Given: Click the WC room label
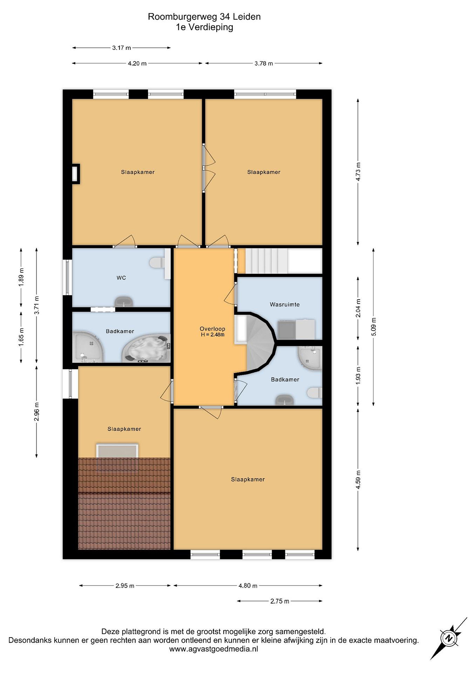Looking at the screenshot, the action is pos(121,278).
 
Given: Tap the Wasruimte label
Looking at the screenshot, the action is pos(285,304).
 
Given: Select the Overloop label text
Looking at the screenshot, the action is pos(212,329).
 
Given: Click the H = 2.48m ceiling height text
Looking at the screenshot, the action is pos(212,334).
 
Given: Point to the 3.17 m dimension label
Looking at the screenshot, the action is pos(121,47).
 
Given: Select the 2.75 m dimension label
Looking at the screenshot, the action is pos(280,601).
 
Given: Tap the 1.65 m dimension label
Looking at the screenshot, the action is pos(21,337).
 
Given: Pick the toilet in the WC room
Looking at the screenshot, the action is pos(157,263).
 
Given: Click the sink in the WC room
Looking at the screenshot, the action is pos(123,302).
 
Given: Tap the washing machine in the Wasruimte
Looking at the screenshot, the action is pos(286,330).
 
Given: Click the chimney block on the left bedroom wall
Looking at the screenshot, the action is pos(76,174).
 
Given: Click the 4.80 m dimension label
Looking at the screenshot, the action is pos(248,586).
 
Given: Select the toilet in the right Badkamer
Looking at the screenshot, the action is pos(315,393).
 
